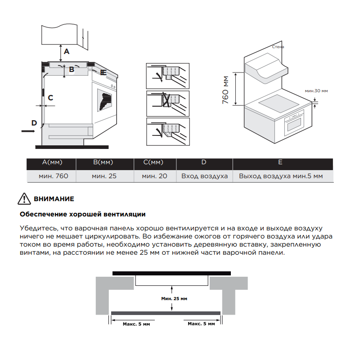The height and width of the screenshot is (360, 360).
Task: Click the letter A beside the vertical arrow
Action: [x=67, y=51]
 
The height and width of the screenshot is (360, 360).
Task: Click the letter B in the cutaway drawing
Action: [x=72, y=69]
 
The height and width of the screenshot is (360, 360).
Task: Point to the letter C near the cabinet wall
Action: [x=50, y=98]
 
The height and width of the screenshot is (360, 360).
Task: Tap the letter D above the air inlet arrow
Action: [x=34, y=123]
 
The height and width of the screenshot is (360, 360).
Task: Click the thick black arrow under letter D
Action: [x=28, y=131]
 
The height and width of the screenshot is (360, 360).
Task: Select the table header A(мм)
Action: [x=52, y=162]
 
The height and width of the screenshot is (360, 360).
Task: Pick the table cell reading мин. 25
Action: [x=104, y=176]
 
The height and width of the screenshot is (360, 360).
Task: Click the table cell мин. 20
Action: [x=154, y=176]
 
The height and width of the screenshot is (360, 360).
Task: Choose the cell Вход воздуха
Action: [x=204, y=176]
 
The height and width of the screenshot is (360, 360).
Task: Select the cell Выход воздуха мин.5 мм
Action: [x=281, y=176]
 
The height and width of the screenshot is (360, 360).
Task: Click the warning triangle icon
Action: [x=24, y=199]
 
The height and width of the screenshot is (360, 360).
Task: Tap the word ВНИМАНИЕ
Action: [x=54, y=199]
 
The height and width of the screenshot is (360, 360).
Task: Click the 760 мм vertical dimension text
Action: [x=225, y=90]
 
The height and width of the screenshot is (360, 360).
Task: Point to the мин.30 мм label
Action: [x=316, y=91]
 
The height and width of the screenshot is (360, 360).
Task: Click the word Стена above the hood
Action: [x=278, y=47]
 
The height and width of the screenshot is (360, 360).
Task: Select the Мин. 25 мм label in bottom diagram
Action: [x=174, y=299]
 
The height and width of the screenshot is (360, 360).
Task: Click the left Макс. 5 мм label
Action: [x=136, y=324]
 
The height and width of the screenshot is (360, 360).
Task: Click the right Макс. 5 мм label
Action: [x=201, y=324]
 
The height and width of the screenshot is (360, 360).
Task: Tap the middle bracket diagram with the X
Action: [x=168, y=103]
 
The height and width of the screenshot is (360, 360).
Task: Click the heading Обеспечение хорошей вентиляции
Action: [x=83, y=215]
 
